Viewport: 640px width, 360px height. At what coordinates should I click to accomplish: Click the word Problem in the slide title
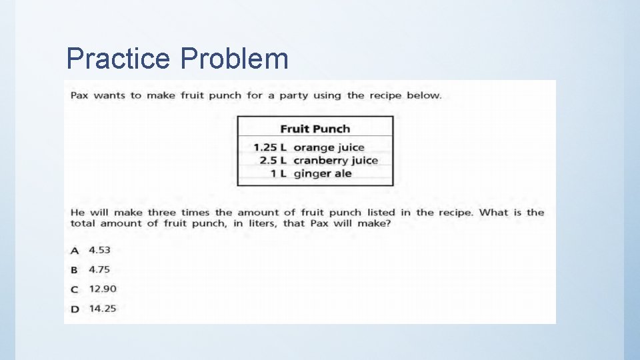234,59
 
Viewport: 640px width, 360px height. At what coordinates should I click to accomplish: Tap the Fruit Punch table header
315,129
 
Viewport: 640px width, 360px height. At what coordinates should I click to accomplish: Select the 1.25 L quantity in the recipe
270,147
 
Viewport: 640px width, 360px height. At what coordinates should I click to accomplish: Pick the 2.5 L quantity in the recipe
273,161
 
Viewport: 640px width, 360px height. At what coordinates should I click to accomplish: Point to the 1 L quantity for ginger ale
278,174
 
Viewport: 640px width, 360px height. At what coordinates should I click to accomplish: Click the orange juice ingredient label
329,147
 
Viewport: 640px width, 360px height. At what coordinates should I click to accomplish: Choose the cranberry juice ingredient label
335,161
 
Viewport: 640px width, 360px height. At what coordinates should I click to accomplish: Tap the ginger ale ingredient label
322,174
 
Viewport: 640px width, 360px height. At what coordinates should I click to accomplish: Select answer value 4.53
100,250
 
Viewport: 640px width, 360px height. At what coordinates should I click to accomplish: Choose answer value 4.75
100,269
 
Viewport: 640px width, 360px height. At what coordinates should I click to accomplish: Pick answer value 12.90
103,289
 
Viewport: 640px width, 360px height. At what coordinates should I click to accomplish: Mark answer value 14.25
103,309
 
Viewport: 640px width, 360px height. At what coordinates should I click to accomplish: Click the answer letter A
75,251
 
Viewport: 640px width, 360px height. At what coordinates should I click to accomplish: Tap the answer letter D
75,309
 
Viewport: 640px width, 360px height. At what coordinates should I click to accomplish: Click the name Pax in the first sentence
79,95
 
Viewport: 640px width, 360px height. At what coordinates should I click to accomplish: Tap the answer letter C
75,289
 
